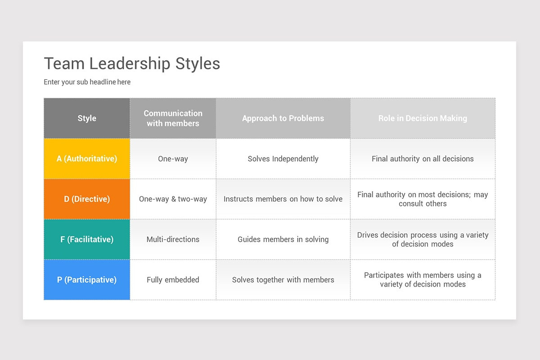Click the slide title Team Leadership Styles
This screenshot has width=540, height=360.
pyautogui.click(x=132, y=64)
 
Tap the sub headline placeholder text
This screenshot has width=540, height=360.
pyautogui.click(x=87, y=82)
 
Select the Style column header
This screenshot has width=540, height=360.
pyautogui.click(x=87, y=118)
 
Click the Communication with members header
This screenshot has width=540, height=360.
pyautogui.click(x=173, y=118)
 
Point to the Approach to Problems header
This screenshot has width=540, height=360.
pyautogui.click(x=283, y=118)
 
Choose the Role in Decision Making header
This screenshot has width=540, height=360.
pyautogui.click(x=423, y=118)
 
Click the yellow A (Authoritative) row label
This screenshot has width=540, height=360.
pyautogui.click(x=87, y=158)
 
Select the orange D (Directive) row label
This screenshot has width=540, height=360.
pyautogui.click(x=87, y=199)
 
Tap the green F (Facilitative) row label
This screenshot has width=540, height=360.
pyautogui.click(x=87, y=239)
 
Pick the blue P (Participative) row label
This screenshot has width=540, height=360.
pyautogui.click(x=87, y=279)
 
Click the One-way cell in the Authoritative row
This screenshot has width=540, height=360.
pyautogui.click(x=173, y=158)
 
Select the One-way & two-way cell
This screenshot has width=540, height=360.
pyautogui.click(x=173, y=199)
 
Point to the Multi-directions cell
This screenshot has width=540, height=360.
pyautogui.click(x=173, y=239)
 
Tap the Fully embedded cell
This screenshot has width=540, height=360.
pyautogui.click(x=173, y=279)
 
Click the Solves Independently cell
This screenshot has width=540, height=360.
pyautogui.click(x=283, y=158)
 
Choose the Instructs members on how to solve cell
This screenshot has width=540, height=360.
pyautogui.click(x=283, y=199)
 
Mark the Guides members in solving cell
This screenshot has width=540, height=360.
pyautogui.click(x=283, y=239)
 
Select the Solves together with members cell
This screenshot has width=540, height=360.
pyautogui.click(x=283, y=279)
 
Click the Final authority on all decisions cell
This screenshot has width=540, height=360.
pyautogui.click(x=423, y=158)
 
